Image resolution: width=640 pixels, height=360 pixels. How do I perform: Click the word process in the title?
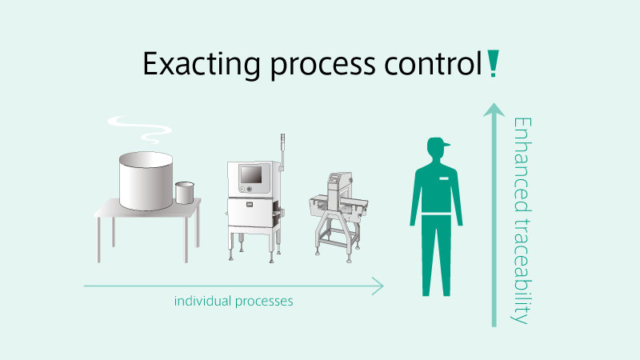click(x=322, y=66)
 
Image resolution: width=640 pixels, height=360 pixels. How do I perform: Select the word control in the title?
click(x=434, y=63)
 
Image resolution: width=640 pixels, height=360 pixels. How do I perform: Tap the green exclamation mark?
click(x=493, y=63)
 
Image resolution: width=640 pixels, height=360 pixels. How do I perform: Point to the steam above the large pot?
click(x=139, y=129)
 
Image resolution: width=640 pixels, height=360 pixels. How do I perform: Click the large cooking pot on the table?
click(x=146, y=181)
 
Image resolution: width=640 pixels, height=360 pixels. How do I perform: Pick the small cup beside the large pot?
click(x=185, y=193)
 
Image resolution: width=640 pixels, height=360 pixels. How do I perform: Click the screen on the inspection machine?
click(x=251, y=174)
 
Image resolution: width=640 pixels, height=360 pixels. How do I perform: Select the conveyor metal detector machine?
click(x=338, y=217)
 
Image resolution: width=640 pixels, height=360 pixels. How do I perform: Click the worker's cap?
click(x=438, y=142)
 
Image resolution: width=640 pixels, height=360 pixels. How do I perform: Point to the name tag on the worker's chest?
click(x=444, y=178)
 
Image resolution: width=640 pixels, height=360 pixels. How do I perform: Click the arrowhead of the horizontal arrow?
click(x=378, y=286)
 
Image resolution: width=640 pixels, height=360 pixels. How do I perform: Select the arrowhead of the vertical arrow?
click(x=494, y=110)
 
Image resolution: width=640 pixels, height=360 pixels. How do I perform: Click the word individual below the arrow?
click(x=202, y=302)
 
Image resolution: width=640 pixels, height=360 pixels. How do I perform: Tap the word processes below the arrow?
click(x=264, y=302)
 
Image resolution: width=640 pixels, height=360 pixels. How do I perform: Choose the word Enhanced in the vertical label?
click(x=522, y=165)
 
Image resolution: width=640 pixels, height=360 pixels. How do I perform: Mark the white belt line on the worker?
click(x=436, y=214)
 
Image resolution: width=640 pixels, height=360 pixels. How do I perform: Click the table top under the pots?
click(x=148, y=208)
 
